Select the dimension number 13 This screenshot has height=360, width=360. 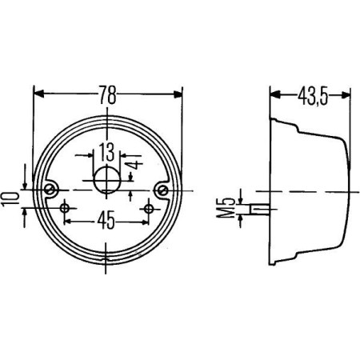106,150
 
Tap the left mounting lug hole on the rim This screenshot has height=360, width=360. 50,190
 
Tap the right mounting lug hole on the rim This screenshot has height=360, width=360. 163,190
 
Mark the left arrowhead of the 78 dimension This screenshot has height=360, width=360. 38,94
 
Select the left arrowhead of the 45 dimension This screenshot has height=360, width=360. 68,218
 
